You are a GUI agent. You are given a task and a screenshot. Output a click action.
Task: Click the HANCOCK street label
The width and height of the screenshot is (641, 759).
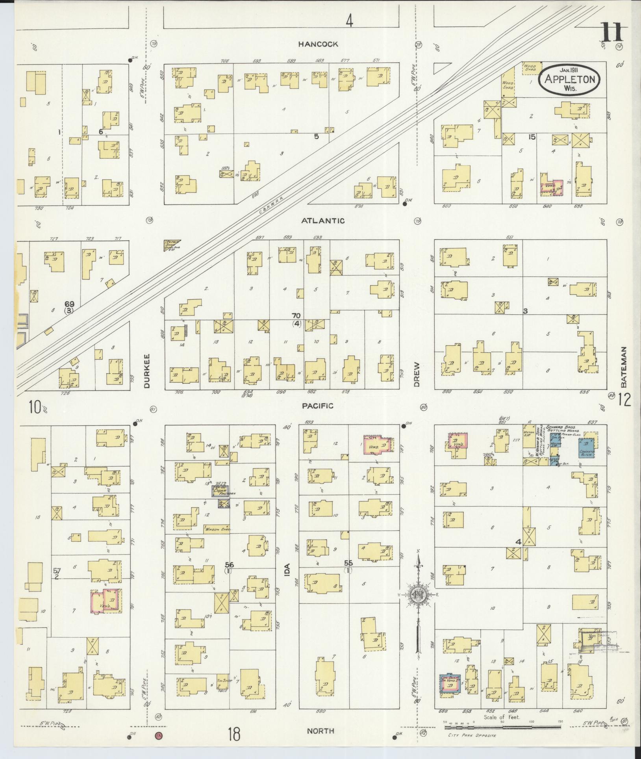pyautogui.click(x=318, y=44)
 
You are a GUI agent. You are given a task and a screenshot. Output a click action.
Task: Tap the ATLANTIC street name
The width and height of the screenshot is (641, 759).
pyautogui.click(x=323, y=221)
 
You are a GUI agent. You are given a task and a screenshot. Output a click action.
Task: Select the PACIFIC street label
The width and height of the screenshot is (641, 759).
pyautogui.click(x=318, y=406)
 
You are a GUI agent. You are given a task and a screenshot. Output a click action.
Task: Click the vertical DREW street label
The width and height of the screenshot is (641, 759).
pyautogui.click(x=417, y=374)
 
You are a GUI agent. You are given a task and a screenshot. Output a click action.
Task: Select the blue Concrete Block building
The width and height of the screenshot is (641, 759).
pyautogui.click(x=586, y=448)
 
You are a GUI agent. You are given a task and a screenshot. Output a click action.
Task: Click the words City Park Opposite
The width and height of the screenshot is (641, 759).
pyautogui.click(x=472, y=735)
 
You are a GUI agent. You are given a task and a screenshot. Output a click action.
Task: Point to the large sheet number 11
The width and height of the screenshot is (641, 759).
pyautogui.click(x=613, y=33)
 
